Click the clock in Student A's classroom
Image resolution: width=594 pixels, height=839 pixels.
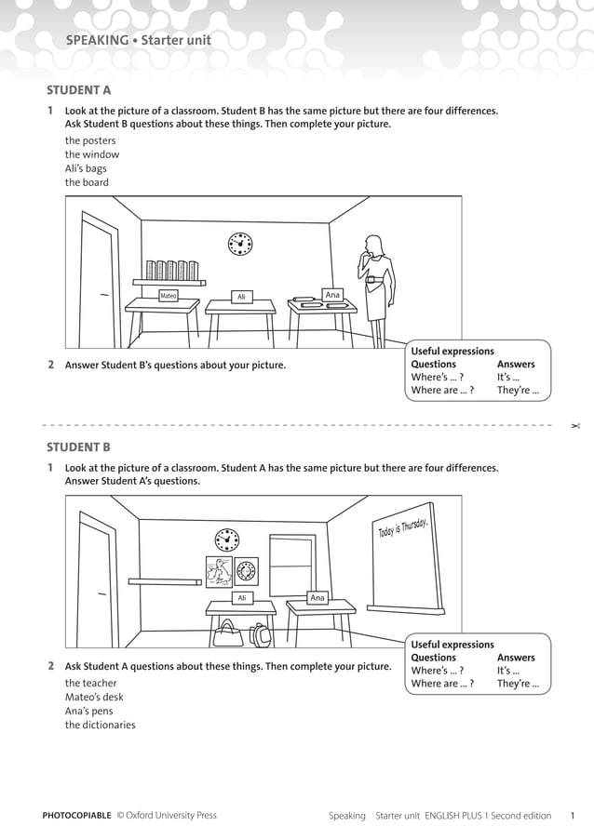click(240, 244)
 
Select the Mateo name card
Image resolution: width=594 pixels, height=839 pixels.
click(169, 296)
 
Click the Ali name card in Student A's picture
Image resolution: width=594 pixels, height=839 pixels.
click(241, 297)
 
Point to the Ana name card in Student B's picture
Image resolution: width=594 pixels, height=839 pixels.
click(317, 598)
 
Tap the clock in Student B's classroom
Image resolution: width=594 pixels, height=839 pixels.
click(226, 539)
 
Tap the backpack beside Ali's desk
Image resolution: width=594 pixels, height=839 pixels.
click(260, 634)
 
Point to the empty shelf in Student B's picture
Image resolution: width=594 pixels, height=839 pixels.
click(165, 581)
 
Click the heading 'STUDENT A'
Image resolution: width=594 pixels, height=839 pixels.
click(78, 90)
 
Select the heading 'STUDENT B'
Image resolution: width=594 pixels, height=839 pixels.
click(78, 446)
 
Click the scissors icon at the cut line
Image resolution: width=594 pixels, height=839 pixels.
click(575, 425)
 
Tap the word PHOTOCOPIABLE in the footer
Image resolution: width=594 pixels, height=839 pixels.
click(76, 816)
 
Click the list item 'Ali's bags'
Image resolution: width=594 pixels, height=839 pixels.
click(86, 168)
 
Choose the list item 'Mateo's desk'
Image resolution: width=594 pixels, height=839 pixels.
click(93, 697)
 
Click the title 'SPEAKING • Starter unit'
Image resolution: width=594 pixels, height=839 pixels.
click(139, 40)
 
